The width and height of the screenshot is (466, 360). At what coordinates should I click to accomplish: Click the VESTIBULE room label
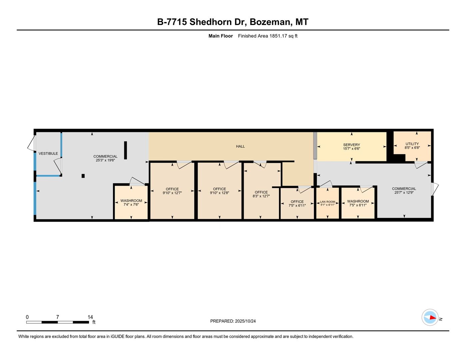coord(48,154)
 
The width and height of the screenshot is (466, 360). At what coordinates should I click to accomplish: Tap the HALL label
coord(240,146)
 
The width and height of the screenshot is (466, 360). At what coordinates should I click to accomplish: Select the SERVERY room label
coord(351,145)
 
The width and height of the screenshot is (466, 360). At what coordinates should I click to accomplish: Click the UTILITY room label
coord(412,144)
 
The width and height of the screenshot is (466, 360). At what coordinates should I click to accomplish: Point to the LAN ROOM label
coord(327,202)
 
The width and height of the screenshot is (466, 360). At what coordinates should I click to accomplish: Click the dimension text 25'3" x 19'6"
coord(105,160)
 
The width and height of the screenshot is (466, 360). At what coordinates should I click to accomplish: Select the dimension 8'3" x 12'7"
coord(261,196)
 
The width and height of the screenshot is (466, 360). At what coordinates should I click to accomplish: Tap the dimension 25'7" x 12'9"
coord(404,193)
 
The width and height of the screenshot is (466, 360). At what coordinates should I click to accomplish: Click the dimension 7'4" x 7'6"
coord(131,205)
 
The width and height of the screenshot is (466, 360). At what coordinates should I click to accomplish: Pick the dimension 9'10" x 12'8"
coord(219,193)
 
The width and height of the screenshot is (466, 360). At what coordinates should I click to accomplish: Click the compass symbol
coord(430,318)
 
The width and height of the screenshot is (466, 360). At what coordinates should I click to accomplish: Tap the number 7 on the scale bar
coord(57,317)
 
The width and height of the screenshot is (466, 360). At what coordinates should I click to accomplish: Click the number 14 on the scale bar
coord(90,317)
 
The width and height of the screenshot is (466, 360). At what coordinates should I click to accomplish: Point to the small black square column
coord(83,176)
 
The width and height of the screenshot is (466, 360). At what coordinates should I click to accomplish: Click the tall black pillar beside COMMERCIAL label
coord(125,150)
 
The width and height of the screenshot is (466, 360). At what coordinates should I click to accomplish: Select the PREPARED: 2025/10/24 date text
coord(233,321)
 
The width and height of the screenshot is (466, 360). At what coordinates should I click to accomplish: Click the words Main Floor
coord(220,36)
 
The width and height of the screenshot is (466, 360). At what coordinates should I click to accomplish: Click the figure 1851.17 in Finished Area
coord(278,36)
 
